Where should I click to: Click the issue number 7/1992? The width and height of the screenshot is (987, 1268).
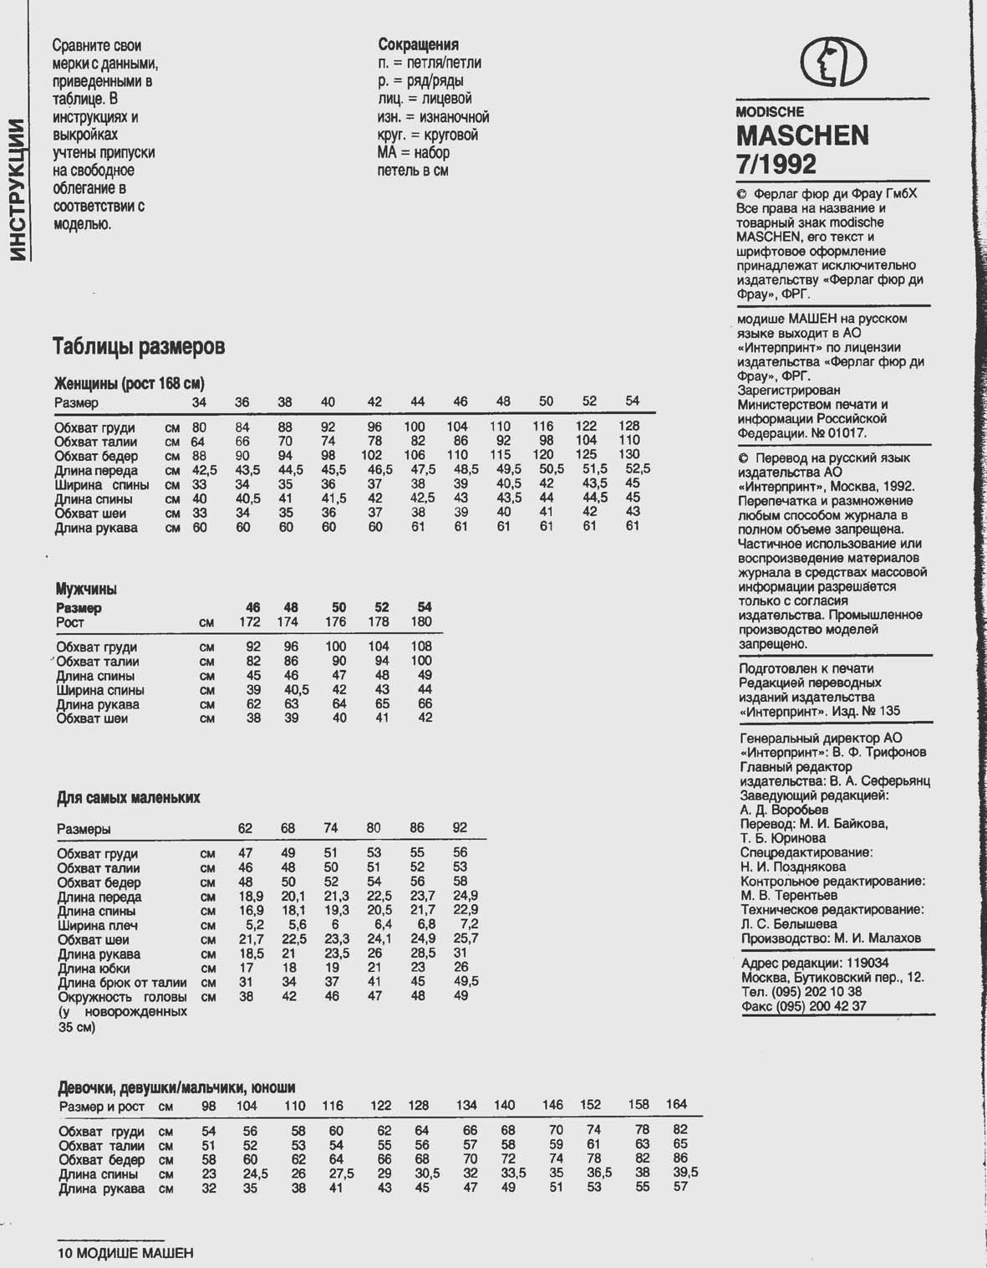tap(776, 163)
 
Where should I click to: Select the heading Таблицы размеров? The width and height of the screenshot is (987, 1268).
tap(139, 346)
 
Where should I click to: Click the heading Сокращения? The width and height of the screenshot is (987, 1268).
tap(418, 44)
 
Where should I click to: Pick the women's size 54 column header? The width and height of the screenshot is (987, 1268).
tap(632, 401)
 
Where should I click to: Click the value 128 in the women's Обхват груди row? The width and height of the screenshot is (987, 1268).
tap(629, 427)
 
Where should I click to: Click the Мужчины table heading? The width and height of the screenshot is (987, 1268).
tap(86, 589)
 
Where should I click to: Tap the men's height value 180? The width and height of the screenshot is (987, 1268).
tap(421, 622)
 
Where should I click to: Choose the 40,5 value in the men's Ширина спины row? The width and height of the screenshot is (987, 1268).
tap(296, 690)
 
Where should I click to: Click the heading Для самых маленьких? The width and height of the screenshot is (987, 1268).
tap(129, 798)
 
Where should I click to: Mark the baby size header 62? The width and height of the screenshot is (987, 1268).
tap(245, 829)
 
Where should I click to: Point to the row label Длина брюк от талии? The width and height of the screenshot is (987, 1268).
tap(122, 982)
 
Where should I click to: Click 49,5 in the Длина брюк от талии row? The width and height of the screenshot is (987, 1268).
tap(466, 981)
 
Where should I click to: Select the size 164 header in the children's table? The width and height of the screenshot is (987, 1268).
tap(676, 1105)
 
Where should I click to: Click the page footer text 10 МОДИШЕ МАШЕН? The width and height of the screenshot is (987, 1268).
tap(125, 1253)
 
